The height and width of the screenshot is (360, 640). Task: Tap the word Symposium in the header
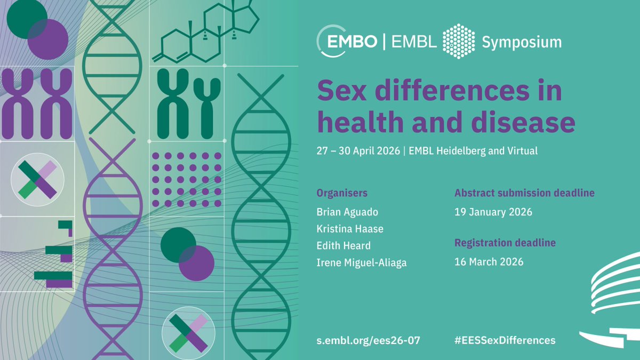pos(522,42)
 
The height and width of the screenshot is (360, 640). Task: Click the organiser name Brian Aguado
pos(347,212)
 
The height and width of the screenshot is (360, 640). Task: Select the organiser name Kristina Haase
pos(350,229)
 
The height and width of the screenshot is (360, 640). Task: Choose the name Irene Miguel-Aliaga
pos(362,262)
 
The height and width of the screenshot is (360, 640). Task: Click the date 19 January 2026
pos(493,212)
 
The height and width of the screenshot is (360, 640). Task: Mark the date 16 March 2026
pos(489,262)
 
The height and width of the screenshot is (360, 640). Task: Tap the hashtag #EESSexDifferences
pos(505,340)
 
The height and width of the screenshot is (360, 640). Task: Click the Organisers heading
pos(342,193)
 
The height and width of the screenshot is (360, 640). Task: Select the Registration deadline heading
pos(505,243)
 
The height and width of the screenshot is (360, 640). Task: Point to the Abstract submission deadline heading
pos(524,193)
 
